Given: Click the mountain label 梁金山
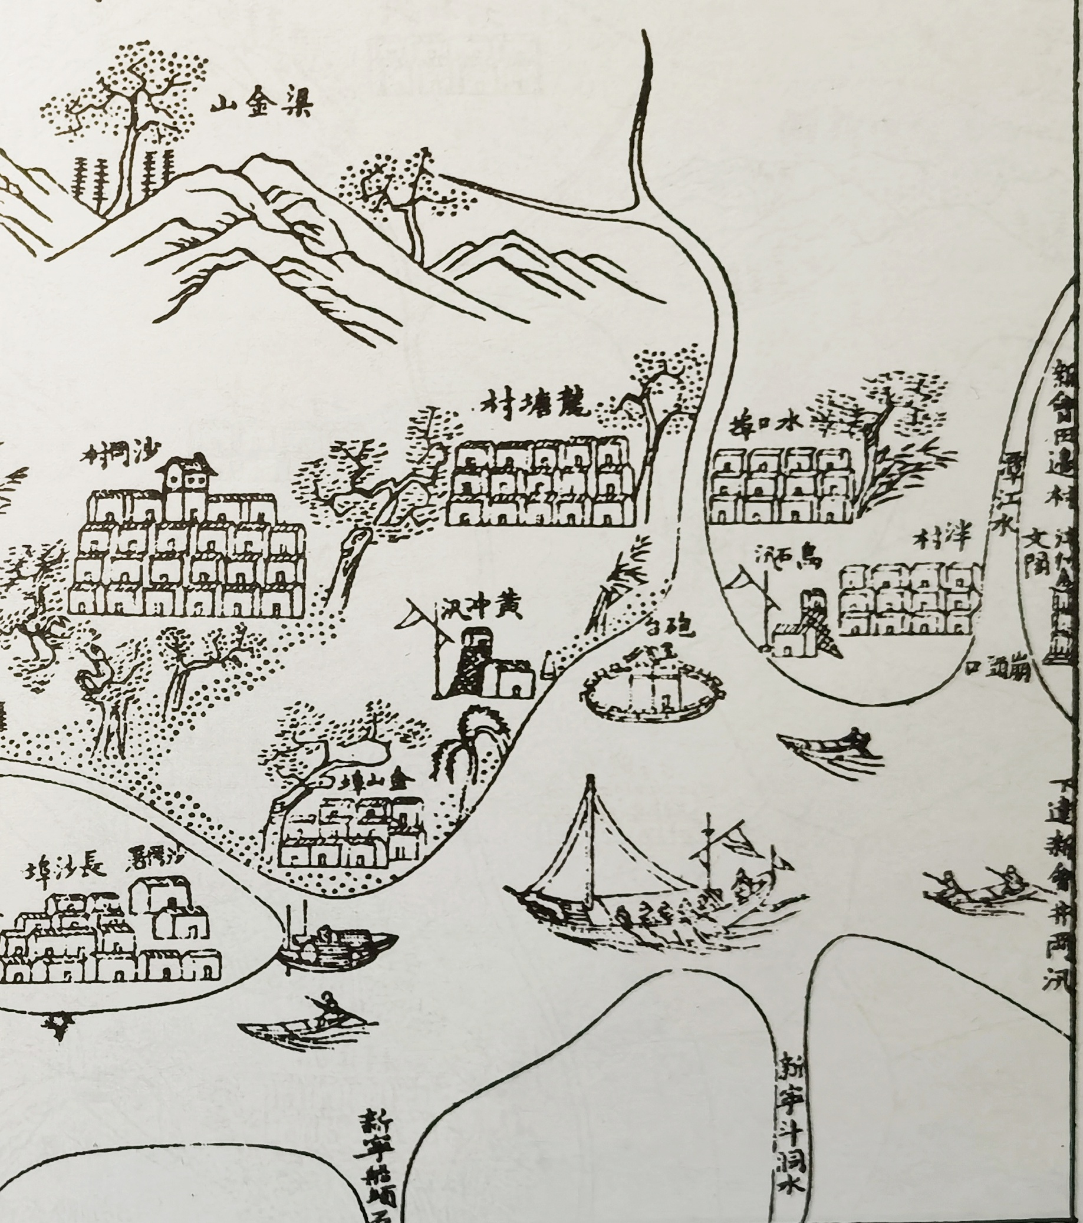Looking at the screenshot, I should tap(262, 107).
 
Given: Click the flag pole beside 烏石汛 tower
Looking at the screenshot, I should tap(767, 604).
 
